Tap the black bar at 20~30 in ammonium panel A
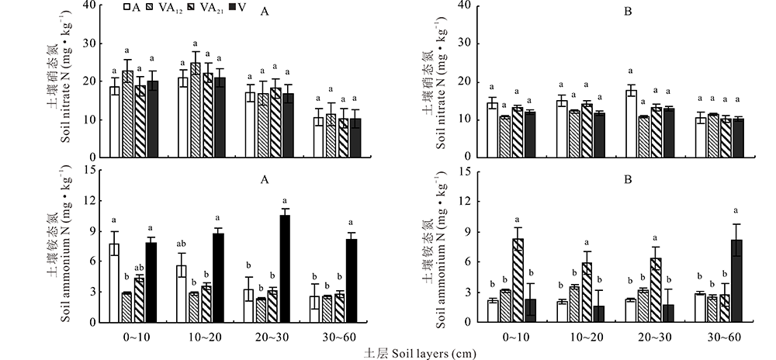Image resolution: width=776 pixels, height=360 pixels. [285, 268]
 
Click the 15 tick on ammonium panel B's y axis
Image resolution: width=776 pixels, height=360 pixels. [462, 171]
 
